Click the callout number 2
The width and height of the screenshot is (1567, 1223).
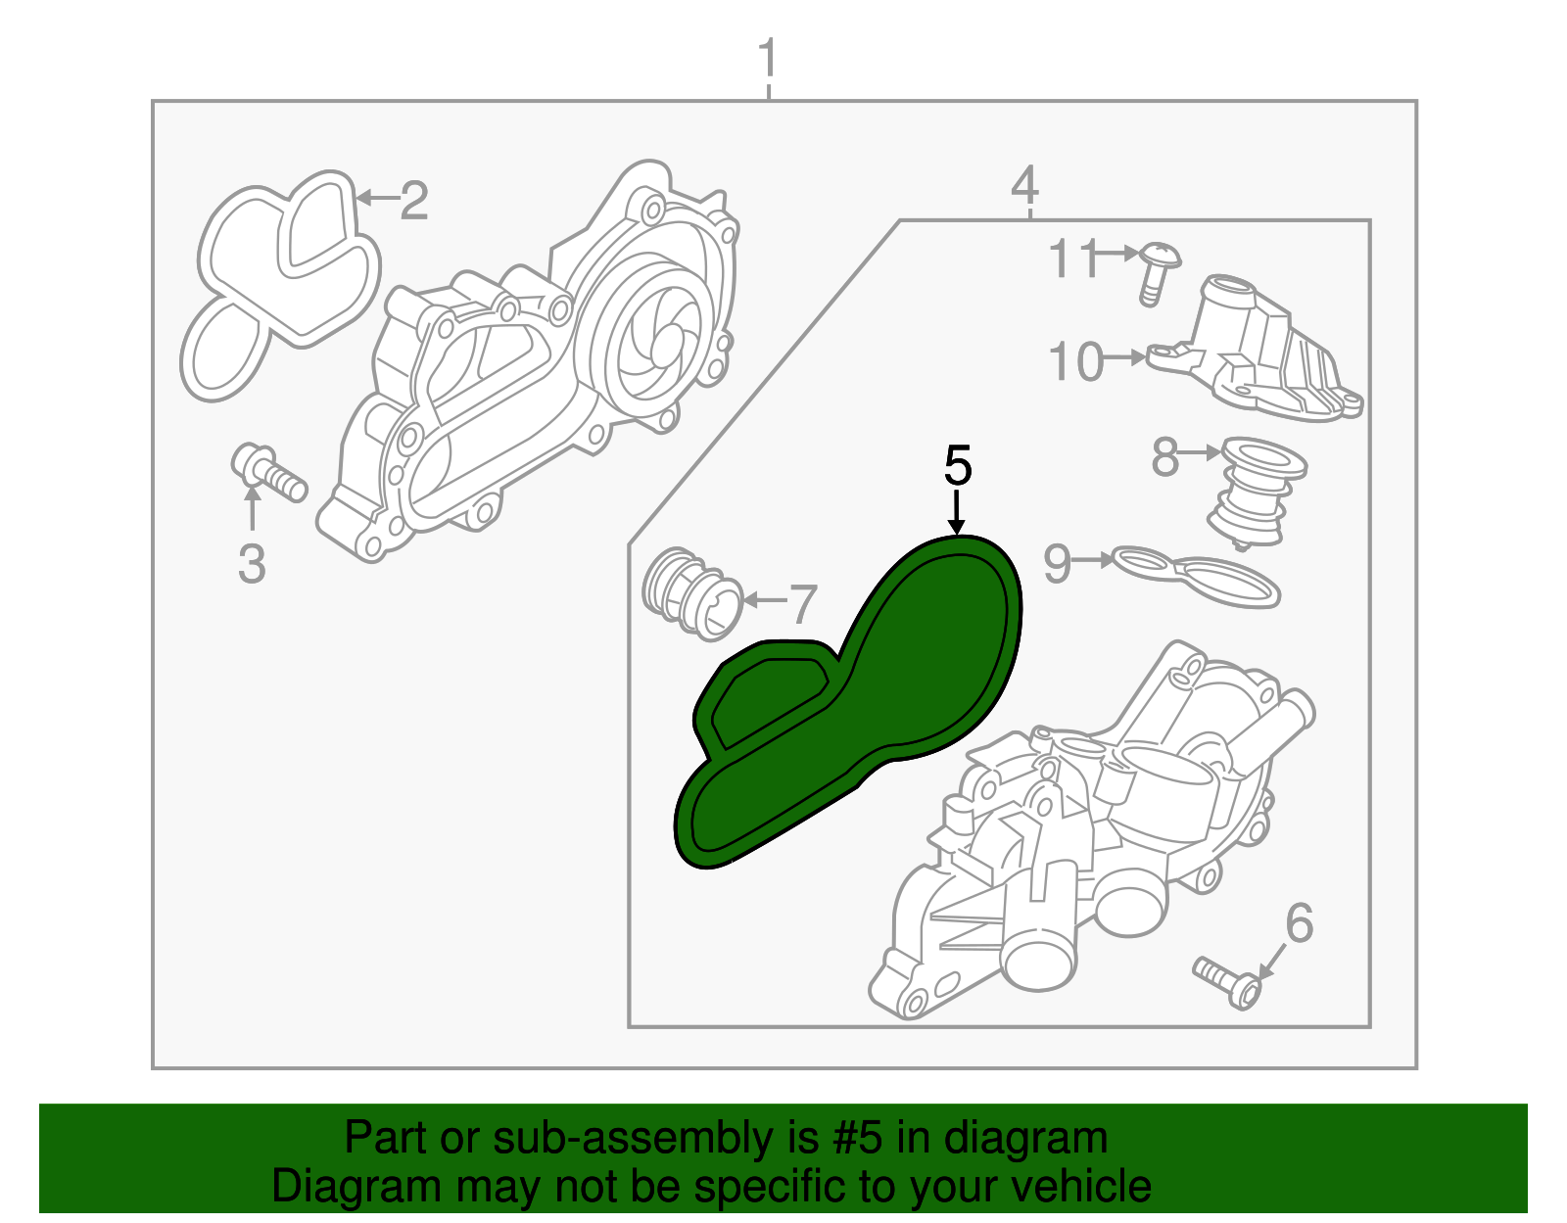pos(414,201)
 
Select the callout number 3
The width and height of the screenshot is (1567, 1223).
pos(252,564)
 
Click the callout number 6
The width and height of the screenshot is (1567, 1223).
pos(1299,922)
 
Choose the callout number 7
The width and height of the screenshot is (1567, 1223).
pos(802,604)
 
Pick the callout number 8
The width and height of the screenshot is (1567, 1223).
pos(1164,456)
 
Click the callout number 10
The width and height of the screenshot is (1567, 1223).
pos(1075,361)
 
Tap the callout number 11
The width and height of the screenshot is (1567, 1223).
pos(1073,258)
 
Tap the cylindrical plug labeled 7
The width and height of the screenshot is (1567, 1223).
pos(690,592)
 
